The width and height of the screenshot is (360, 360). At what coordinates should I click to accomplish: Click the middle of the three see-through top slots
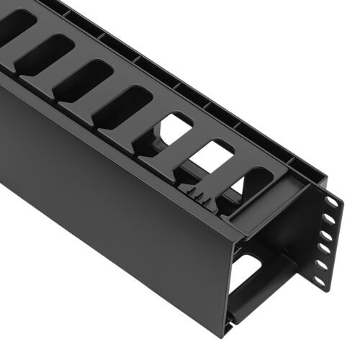212,154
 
